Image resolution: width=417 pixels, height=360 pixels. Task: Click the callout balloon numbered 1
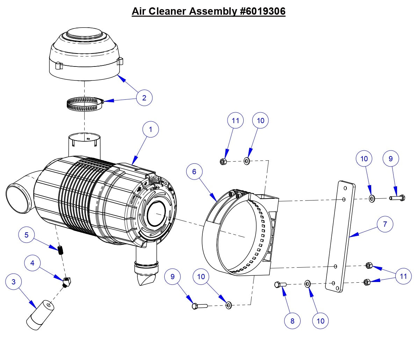[x=151, y=129]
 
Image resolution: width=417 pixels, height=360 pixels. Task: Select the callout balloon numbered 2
[x=144, y=98]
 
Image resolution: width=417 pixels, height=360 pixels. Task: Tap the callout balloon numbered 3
[x=14, y=282]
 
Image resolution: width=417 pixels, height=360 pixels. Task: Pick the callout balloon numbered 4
[x=33, y=263]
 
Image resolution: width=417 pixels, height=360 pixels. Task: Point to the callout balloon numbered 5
[x=27, y=235]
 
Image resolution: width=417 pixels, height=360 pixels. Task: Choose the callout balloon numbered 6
[x=194, y=171]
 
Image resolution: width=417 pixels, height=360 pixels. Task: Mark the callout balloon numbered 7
[x=385, y=224]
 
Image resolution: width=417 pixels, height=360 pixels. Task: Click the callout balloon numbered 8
[x=292, y=321]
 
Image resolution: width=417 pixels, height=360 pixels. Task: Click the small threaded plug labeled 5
[x=62, y=250]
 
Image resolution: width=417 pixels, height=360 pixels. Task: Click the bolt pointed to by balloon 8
[x=281, y=285]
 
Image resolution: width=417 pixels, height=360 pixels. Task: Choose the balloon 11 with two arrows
[x=403, y=276]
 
